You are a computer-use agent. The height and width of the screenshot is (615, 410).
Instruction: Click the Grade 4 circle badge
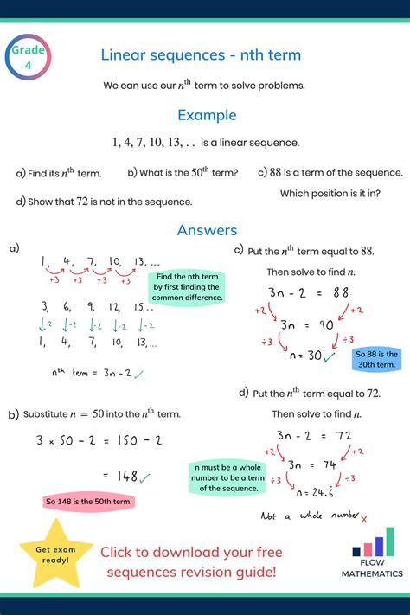29,58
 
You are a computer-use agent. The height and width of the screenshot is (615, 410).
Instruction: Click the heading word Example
207,114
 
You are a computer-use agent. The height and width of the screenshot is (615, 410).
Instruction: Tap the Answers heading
207,230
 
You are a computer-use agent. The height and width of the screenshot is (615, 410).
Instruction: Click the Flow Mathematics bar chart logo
375,543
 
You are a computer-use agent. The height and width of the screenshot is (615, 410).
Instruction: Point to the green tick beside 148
144,476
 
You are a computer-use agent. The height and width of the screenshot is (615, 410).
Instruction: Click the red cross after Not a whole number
363,519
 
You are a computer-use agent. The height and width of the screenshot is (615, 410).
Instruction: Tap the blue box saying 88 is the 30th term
377,360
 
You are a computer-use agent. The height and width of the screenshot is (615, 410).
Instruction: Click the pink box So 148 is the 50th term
89,502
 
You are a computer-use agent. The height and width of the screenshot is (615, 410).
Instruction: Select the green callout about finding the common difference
188,286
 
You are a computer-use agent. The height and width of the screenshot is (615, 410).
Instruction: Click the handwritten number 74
325,464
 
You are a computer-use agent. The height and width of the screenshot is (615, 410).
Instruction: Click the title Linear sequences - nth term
201,55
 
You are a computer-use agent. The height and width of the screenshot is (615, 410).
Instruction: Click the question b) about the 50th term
183,173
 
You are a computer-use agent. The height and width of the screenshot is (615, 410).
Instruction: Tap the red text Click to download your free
191,551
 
